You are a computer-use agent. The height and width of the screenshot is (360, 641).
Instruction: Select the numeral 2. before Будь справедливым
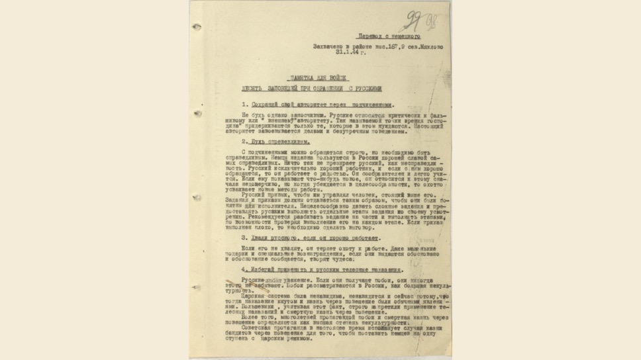coord(244,142)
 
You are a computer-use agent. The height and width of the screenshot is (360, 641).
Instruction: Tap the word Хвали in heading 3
coord(262,237)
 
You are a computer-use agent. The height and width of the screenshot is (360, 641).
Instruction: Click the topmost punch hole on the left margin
coord(197,26)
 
